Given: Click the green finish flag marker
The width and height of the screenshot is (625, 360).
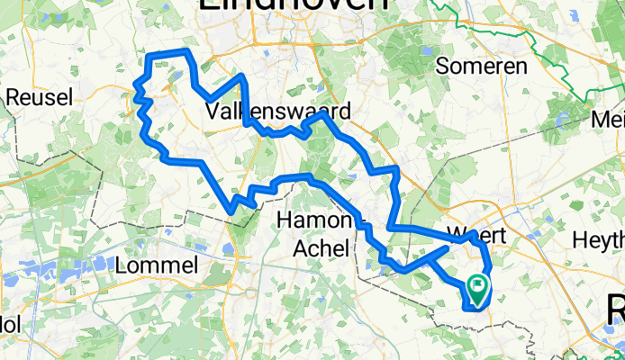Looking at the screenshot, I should coord(476,289).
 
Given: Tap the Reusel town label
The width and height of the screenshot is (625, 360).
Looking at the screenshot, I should coord(35,96).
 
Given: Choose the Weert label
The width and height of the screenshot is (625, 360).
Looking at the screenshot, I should coord(477,235).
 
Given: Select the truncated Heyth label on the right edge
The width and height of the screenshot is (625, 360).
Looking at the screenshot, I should coord(599,239).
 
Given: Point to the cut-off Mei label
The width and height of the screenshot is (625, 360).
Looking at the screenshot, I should coord(608,119).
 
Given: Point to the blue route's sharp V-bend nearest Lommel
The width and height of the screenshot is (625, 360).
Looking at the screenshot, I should coord(233,210).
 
